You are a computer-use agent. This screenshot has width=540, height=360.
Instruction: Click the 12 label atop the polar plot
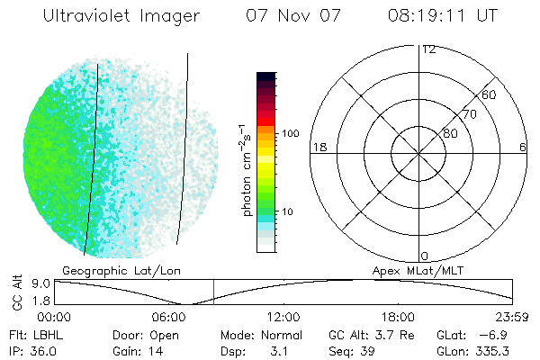(x=429, y=49)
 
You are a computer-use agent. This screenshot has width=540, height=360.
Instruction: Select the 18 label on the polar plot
(x=318, y=147)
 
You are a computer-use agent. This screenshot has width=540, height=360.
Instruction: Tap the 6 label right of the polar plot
(x=523, y=147)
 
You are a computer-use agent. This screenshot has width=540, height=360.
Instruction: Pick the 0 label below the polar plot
(x=425, y=256)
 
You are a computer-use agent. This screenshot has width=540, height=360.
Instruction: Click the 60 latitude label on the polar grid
(x=490, y=94)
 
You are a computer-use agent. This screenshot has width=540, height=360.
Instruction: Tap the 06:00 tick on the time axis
(x=170, y=317)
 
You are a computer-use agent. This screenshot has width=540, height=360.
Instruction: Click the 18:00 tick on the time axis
(x=398, y=317)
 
